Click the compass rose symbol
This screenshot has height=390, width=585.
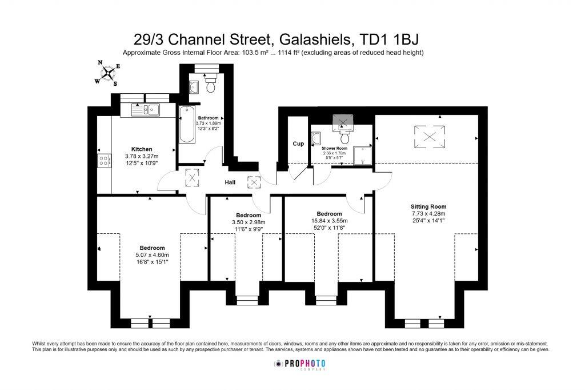[x=107, y=73]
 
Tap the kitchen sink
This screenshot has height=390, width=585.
[x=147, y=110]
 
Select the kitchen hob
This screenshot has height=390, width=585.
[x=104, y=161]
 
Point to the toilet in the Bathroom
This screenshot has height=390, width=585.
[x=209, y=85]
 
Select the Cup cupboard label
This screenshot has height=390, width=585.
[x=298, y=144]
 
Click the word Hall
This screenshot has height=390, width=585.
[x=230, y=182]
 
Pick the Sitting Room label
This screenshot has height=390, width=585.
[x=428, y=206]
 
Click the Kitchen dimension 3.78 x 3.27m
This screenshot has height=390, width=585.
[x=141, y=156]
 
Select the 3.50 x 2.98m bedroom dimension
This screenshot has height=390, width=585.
[x=249, y=222]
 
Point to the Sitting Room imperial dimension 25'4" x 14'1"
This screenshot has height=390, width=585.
[x=428, y=220]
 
